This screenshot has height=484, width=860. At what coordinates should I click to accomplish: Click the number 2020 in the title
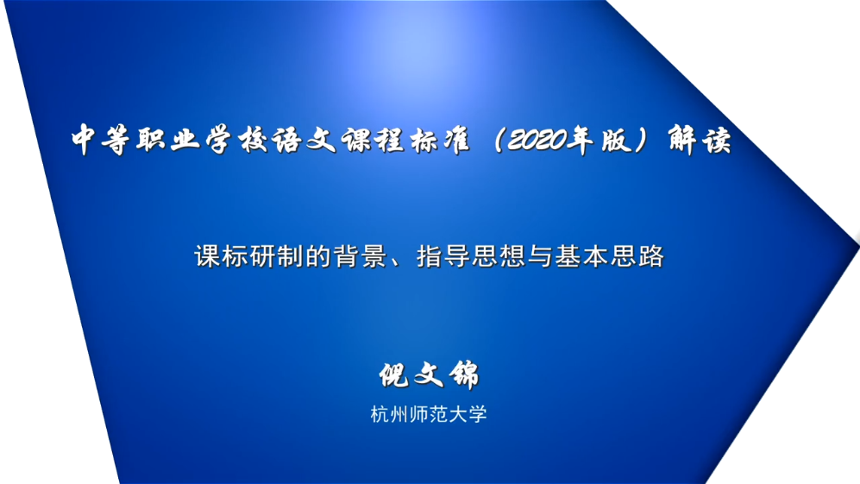(537, 141)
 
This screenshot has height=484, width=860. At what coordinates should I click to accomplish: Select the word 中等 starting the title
(100, 140)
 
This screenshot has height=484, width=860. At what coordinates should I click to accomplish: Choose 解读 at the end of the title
(700, 140)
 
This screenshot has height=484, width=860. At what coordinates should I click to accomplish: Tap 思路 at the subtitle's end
(637, 256)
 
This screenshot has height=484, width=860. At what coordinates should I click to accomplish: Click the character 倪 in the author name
(394, 375)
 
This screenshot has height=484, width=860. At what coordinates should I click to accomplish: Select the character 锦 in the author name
(464, 375)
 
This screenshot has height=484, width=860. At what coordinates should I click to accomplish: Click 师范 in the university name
(429, 414)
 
